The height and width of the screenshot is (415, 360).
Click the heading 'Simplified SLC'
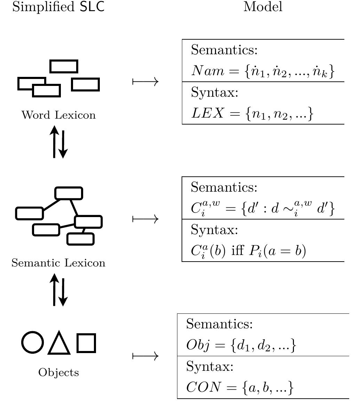pyautogui.click(x=58, y=7)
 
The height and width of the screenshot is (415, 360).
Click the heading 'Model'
pyautogui.click(x=263, y=7)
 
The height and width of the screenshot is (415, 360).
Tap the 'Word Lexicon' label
pyautogui.click(x=58, y=115)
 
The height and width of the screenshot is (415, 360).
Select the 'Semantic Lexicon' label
pyautogui.click(x=58, y=263)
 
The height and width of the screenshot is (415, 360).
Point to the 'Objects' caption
pyautogui.click(x=58, y=373)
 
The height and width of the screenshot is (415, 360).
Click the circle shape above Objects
pyautogui.click(x=33, y=343)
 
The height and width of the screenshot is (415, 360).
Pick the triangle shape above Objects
pyautogui.click(x=59, y=344)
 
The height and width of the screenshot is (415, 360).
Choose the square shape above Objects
pyautogui.click(x=86, y=343)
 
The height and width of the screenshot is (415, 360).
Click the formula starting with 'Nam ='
pyautogui.click(x=263, y=71)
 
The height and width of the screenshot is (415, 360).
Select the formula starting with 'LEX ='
pyautogui.click(x=253, y=114)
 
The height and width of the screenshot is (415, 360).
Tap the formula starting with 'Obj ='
pyautogui.click(x=241, y=345)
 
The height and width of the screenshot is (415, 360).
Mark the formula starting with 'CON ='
pyautogui.click(x=240, y=388)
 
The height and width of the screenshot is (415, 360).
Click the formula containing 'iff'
pyautogui.click(x=248, y=251)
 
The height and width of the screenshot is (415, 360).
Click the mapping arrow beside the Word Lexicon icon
pyautogui.click(x=146, y=82)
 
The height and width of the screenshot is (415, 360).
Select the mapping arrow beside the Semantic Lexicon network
pyautogui.click(x=146, y=219)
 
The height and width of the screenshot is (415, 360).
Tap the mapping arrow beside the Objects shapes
pyautogui.click(x=146, y=356)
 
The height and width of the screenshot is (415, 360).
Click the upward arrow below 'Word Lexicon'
pyautogui.click(x=54, y=142)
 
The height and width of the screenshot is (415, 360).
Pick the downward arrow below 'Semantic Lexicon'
pyautogui.click(x=63, y=290)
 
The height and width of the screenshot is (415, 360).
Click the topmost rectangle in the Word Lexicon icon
pyautogui.click(x=64, y=66)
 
